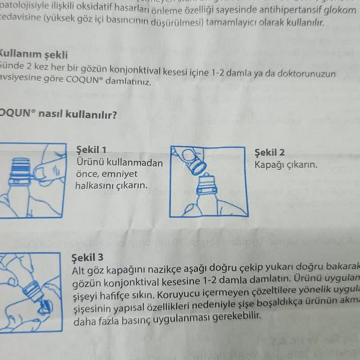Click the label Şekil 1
[x=91, y=150]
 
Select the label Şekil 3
[x=88, y=258]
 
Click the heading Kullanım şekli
[x=34, y=53]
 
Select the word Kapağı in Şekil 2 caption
[x=270, y=165]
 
